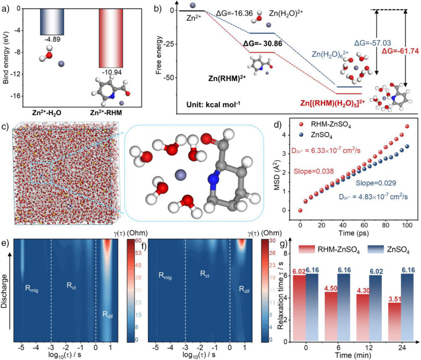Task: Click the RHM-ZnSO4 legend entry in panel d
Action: click(x=331, y=124)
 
